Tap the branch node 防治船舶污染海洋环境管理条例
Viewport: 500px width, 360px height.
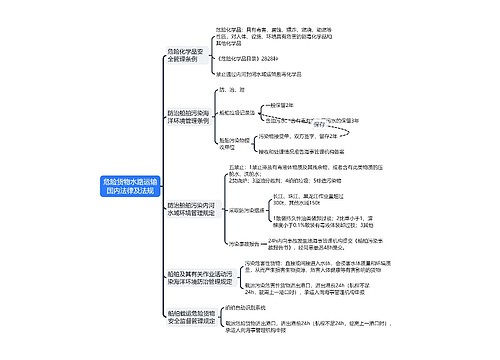click(187, 126)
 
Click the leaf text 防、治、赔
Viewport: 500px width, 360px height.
click(244, 90)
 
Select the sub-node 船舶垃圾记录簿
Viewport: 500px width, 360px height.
click(252, 113)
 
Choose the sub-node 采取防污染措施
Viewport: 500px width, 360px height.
click(250, 212)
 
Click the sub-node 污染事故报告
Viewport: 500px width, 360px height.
click(246, 244)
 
